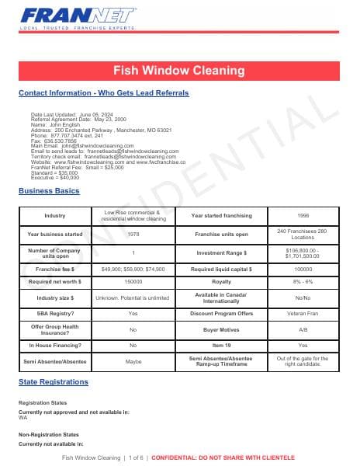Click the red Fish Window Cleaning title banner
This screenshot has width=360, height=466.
179,71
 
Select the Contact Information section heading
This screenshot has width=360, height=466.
102,93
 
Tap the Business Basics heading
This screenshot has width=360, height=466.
48,191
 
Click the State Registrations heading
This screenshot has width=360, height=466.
53,382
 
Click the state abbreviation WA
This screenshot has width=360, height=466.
22,417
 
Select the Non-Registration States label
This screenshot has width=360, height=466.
48,434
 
